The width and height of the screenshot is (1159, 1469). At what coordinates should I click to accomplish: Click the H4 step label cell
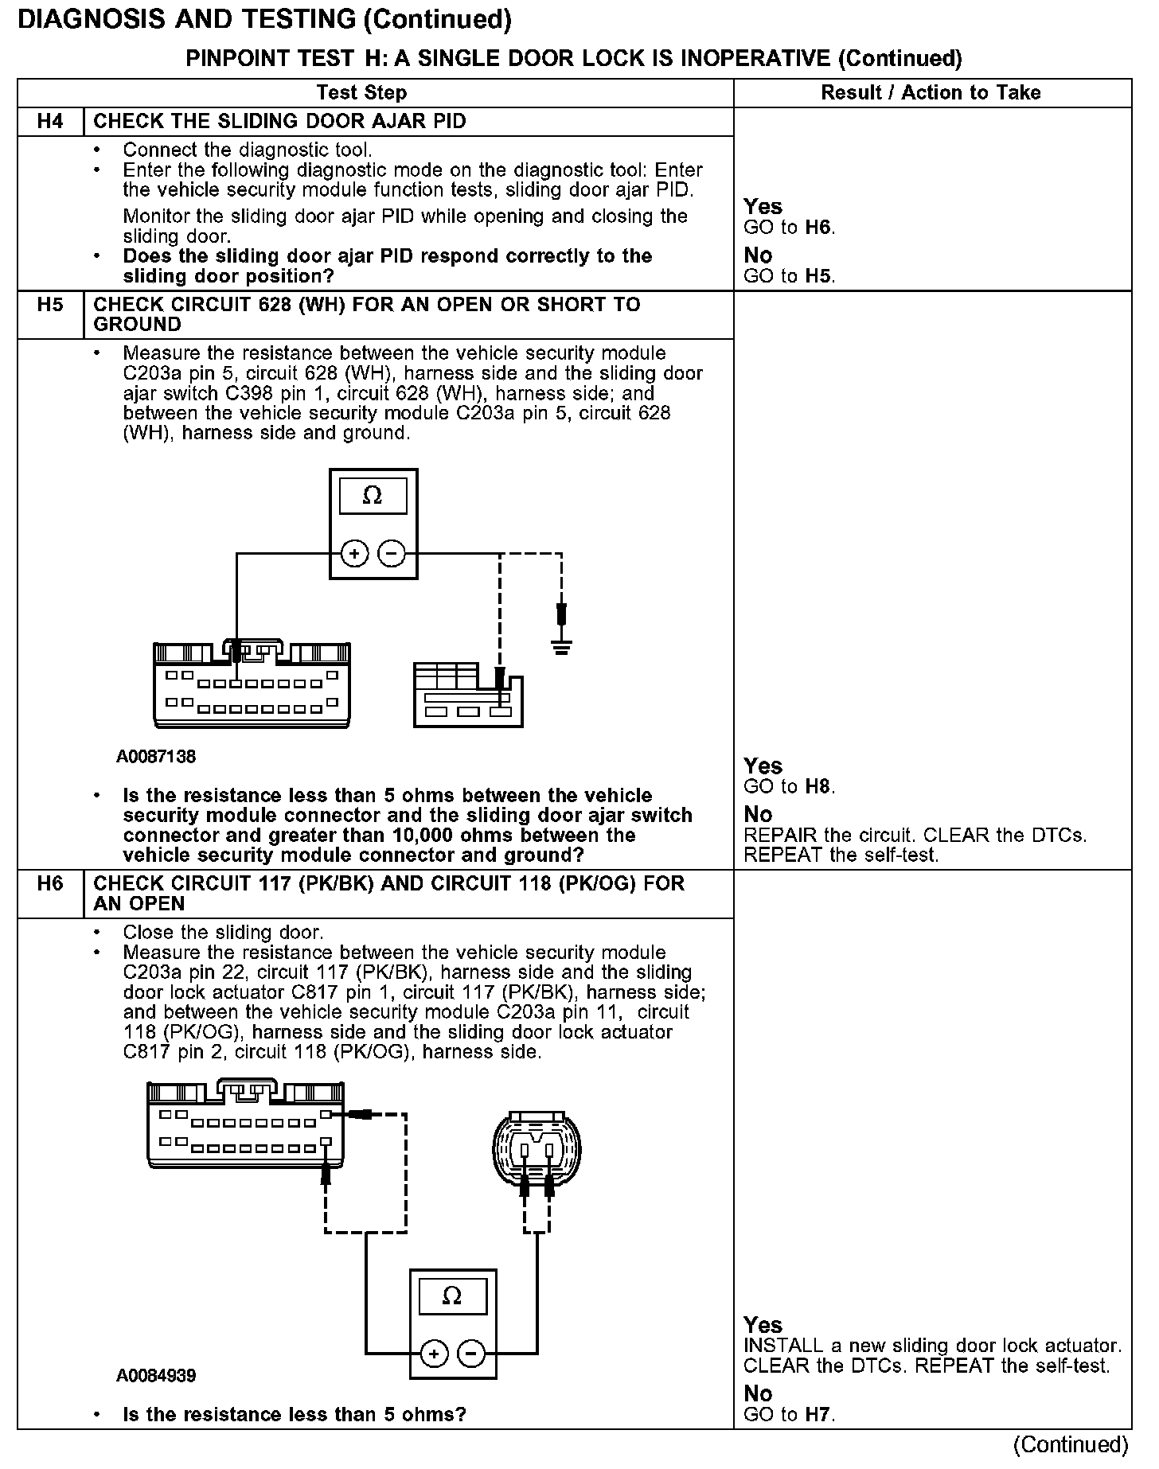point(49,122)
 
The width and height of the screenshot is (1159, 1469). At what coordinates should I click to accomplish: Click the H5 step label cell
point(49,305)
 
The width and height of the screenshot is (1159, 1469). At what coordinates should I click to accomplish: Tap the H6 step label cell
point(49,884)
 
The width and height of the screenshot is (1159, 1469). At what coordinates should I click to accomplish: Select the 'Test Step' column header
point(361,93)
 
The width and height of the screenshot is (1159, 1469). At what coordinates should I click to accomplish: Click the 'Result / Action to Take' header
point(931,93)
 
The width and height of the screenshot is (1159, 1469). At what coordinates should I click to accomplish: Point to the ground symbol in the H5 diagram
point(562,646)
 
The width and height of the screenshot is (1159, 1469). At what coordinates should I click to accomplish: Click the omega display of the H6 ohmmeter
point(451,1296)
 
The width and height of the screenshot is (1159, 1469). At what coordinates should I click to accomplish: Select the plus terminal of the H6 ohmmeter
point(434,1353)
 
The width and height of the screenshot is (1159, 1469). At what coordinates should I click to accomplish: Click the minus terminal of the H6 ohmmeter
point(471,1353)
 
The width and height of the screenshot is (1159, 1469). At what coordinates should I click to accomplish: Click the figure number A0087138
point(156,757)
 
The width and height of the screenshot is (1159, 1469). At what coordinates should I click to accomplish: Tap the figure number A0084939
point(156,1376)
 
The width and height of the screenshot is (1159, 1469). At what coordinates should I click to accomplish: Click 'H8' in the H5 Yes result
point(818,787)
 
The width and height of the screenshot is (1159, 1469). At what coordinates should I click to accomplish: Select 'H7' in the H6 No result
point(818,1414)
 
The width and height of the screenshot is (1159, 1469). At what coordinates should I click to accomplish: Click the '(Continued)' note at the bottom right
point(1071,1444)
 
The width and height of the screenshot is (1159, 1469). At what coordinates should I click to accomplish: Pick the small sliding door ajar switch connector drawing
point(468,694)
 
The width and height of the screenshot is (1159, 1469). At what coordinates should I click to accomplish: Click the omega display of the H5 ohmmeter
point(373,497)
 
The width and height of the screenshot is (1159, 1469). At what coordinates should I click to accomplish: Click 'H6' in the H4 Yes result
point(818,228)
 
